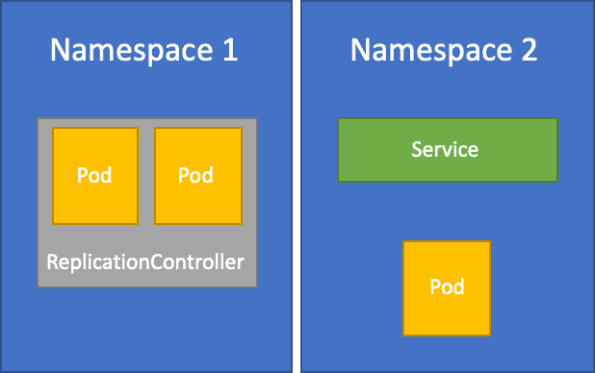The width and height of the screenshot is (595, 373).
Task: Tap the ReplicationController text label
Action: [x=146, y=261]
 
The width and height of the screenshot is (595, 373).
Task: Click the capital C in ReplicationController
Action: [x=152, y=261]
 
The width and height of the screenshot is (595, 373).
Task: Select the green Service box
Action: [x=447, y=149]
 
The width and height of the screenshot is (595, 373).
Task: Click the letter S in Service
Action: [x=417, y=150]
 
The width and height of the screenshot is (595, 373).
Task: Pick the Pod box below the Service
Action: [x=447, y=287]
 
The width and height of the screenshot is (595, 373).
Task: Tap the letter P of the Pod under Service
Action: [x=434, y=287]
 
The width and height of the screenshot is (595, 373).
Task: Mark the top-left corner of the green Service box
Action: [x=339, y=119]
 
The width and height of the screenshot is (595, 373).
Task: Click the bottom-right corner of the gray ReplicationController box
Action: [x=256, y=286]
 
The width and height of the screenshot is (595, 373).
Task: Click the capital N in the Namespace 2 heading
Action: [x=358, y=51]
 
